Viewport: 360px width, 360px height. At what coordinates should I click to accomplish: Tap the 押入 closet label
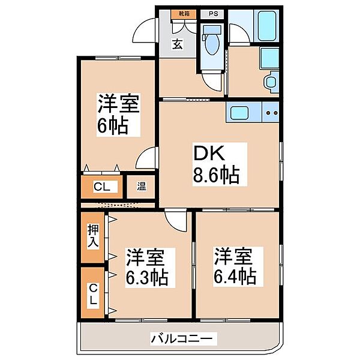pos(94,236)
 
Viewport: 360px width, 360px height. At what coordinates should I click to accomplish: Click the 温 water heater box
pos(142,186)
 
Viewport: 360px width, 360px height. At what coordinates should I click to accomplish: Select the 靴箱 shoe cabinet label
pos(182,13)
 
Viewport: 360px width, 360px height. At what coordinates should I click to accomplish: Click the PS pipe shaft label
pos(212,13)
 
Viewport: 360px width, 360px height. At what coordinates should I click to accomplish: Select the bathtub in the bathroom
pos(266,24)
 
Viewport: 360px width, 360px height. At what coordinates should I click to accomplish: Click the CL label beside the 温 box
pos(101,187)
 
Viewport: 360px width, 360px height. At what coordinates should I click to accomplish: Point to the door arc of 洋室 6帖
pos(146,161)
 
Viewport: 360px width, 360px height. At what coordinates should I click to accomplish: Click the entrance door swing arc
pos(145,31)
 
